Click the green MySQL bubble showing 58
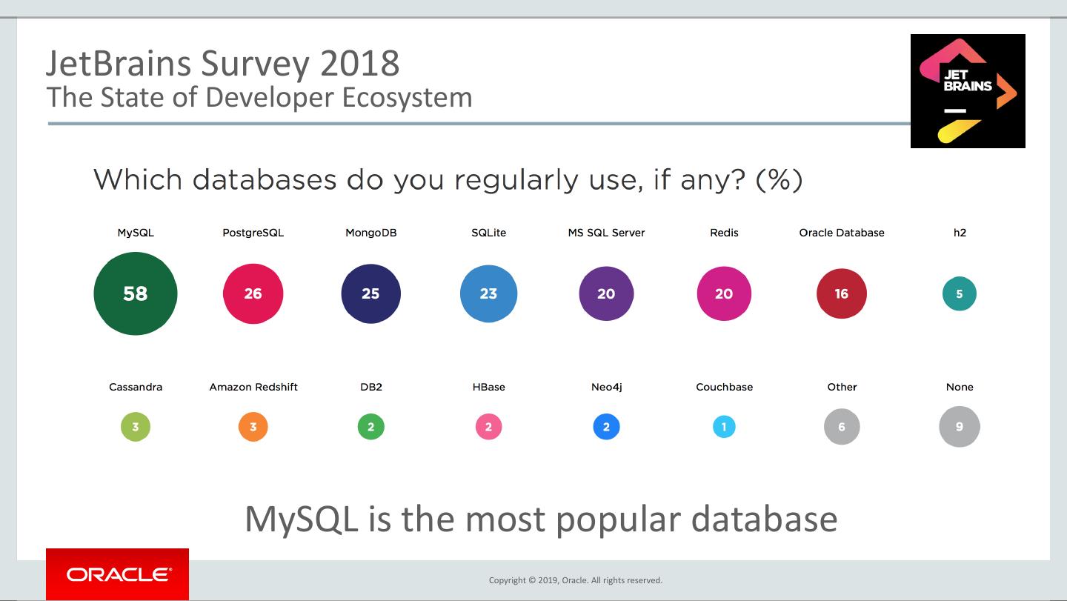[x=136, y=293]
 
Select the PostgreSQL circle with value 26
[x=253, y=293]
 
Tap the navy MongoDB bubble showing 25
[x=370, y=293]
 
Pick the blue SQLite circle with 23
[x=488, y=293]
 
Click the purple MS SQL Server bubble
[x=606, y=293]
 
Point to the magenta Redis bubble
[x=724, y=293]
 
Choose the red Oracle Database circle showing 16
[x=842, y=293]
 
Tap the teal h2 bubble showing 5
[x=960, y=293]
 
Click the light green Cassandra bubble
[x=136, y=427]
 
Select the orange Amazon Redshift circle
[x=253, y=427]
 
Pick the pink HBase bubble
[x=488, y=427]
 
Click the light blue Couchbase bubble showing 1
[x=724, y=427]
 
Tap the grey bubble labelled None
[x=960, y=427]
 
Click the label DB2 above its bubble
[x=370, y=387]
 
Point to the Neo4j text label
[x=606, y=387]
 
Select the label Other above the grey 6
[x=842, y=387]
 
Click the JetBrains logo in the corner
[x=968, y=90]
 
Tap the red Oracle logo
[x=117, y=574]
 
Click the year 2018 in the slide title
[x=360, y=64]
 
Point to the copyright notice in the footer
[x=575, y=580]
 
